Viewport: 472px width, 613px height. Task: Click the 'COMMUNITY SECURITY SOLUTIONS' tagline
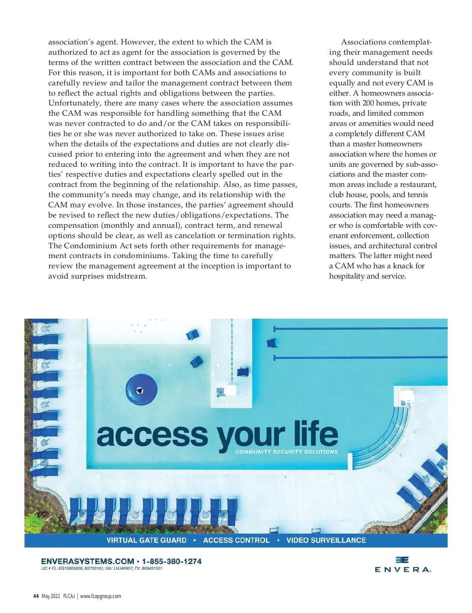pos(286,452)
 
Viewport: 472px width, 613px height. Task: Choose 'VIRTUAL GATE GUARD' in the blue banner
pos(146,541)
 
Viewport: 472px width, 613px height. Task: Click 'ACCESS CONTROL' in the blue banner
pos(236,541)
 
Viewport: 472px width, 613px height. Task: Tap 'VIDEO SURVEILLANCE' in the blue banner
pos(326,541)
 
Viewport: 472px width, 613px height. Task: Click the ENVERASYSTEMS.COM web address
pos(87,561)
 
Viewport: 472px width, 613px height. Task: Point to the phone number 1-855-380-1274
pos(172,561)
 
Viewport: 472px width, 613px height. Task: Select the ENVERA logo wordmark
pos(402,569)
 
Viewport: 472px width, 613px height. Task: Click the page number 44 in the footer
pos(36,596)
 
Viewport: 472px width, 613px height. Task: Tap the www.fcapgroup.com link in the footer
pos(101,596)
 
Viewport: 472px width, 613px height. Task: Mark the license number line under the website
pos(101,569)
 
